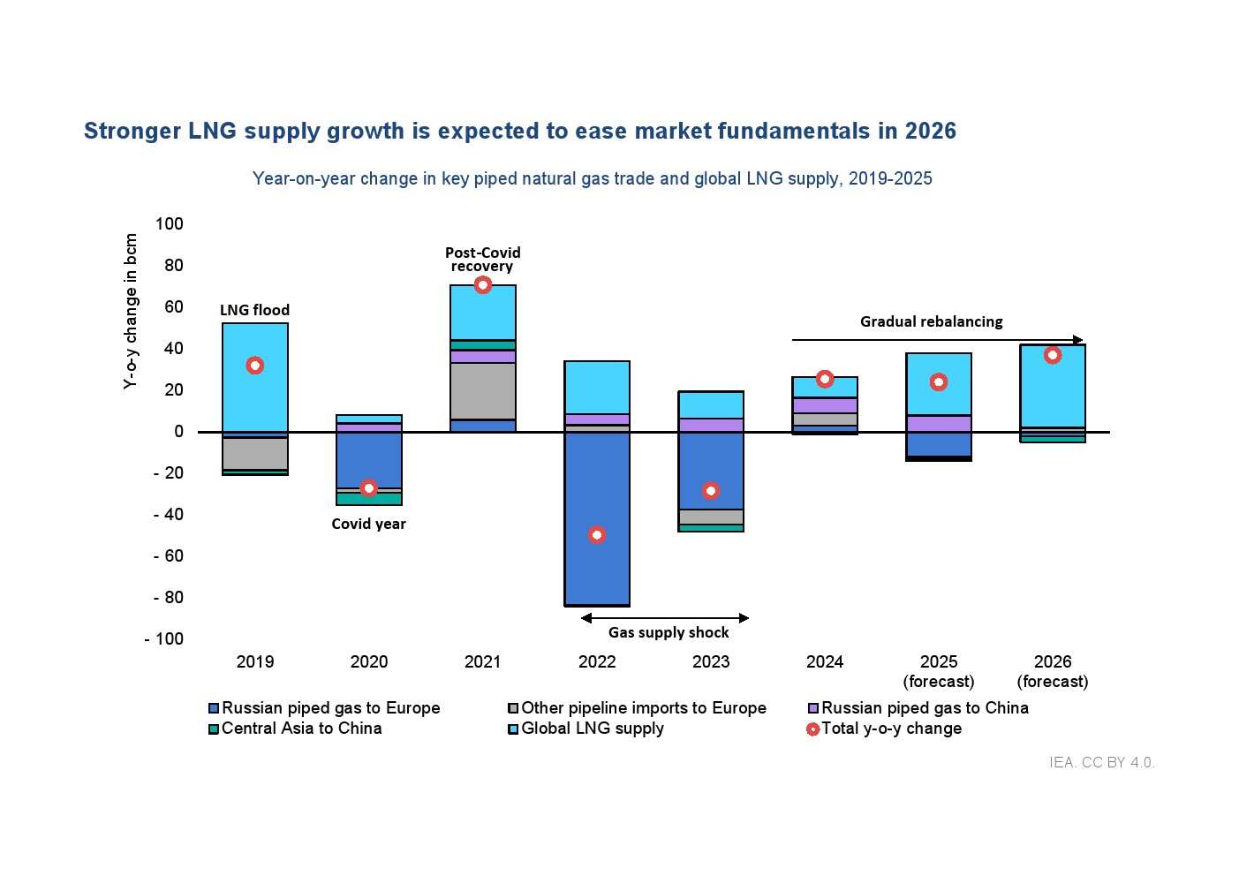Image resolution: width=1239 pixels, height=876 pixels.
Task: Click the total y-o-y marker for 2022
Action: click(597, 535)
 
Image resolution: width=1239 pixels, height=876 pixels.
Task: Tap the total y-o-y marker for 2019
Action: click(255, 366)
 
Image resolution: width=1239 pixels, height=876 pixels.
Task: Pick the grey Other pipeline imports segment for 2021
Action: click(483, 390)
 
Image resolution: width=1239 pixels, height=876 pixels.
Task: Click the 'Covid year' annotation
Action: click(368, 524)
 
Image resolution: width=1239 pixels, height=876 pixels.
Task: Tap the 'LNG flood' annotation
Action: click(254, 310)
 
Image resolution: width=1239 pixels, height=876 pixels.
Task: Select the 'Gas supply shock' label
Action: click(669, 632)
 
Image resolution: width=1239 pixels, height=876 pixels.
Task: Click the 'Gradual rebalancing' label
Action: click(932, 321)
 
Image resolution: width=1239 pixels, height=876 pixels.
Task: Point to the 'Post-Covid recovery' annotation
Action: click(482, 260)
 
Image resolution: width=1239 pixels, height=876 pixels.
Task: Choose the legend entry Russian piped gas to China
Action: click(924, 708)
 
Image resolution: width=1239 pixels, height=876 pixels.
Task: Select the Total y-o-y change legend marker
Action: click(813, 729)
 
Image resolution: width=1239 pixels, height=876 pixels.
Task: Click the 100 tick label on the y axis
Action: click(169, 223)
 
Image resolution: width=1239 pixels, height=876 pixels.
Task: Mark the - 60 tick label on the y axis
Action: click(168, 556)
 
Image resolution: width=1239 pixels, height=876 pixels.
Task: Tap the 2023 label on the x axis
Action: click(711, 662)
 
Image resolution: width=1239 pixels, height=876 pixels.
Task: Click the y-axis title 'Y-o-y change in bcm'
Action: click(131, 311)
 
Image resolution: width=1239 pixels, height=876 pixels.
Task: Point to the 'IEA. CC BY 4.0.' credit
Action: click(1102, 762)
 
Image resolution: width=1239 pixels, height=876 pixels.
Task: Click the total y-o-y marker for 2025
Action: click(939, 382)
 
